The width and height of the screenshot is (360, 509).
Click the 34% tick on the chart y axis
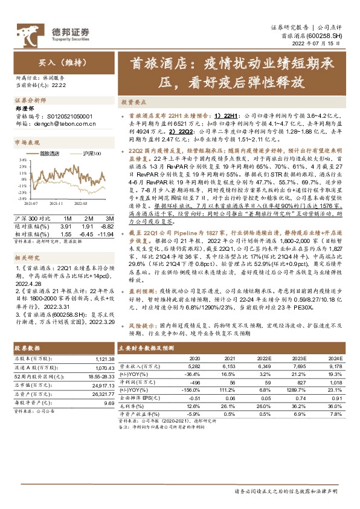click(22, 160)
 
